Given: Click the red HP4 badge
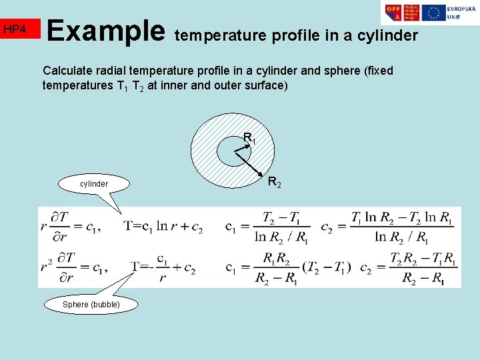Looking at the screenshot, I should coord(20,29).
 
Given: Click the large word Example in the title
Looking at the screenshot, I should coord(106,30).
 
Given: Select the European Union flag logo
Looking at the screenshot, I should coord(434,13).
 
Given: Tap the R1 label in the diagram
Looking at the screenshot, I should coord(249,139).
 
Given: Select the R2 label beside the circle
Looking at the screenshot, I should coord(274,181).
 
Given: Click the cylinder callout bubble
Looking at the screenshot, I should coord(94,183).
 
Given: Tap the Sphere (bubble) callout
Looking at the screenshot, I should coord(91,304).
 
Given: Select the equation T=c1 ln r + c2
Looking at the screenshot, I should coord(163,227).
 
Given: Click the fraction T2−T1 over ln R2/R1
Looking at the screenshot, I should coord(280,227).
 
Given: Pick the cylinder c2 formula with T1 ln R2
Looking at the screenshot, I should coord(402,227).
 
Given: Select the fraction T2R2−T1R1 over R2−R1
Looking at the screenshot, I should coord(423,268).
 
